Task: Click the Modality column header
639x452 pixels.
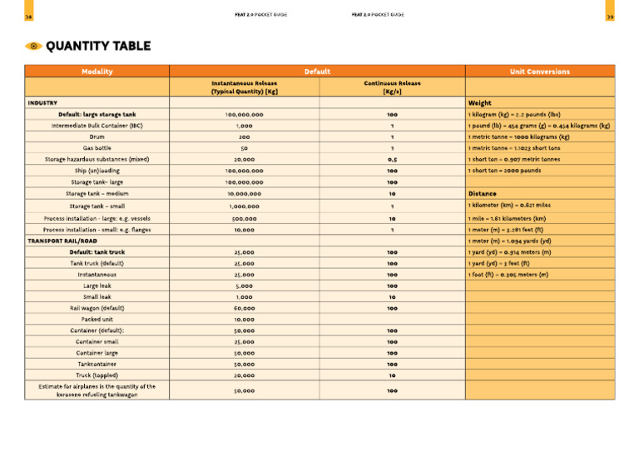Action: [x=97, y=72]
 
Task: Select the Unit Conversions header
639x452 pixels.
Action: [x=540, y=72]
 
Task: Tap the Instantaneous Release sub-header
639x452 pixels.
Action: [x=244, y=87]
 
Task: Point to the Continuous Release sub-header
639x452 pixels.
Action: [x=391, y=87]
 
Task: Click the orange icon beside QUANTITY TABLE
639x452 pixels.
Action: [x=33, y=46]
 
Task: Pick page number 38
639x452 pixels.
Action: [x=29, y=16]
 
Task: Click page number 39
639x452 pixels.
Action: [x=610, y=16]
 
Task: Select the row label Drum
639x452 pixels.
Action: [x=97, y=137]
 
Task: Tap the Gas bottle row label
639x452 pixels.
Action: [x=97, y=148]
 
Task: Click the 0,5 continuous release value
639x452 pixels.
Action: [x=391, y=159]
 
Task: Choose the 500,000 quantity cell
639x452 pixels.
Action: [x=244, y=218]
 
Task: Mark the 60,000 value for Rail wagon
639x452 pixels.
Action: [x=244, y=308]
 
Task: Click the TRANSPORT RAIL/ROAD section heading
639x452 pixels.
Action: [x=62, y=241]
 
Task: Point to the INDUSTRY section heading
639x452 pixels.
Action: [x=42, y=103]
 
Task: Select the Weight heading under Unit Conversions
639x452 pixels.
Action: [x=482, y=103]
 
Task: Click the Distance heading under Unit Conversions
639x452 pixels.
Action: [x=484, y=193]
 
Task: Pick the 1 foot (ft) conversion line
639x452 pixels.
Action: [x=508, y=274]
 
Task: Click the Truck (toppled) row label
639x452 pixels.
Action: [x=97, y=375]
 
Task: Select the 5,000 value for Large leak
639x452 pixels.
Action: [x=244, y=286]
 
